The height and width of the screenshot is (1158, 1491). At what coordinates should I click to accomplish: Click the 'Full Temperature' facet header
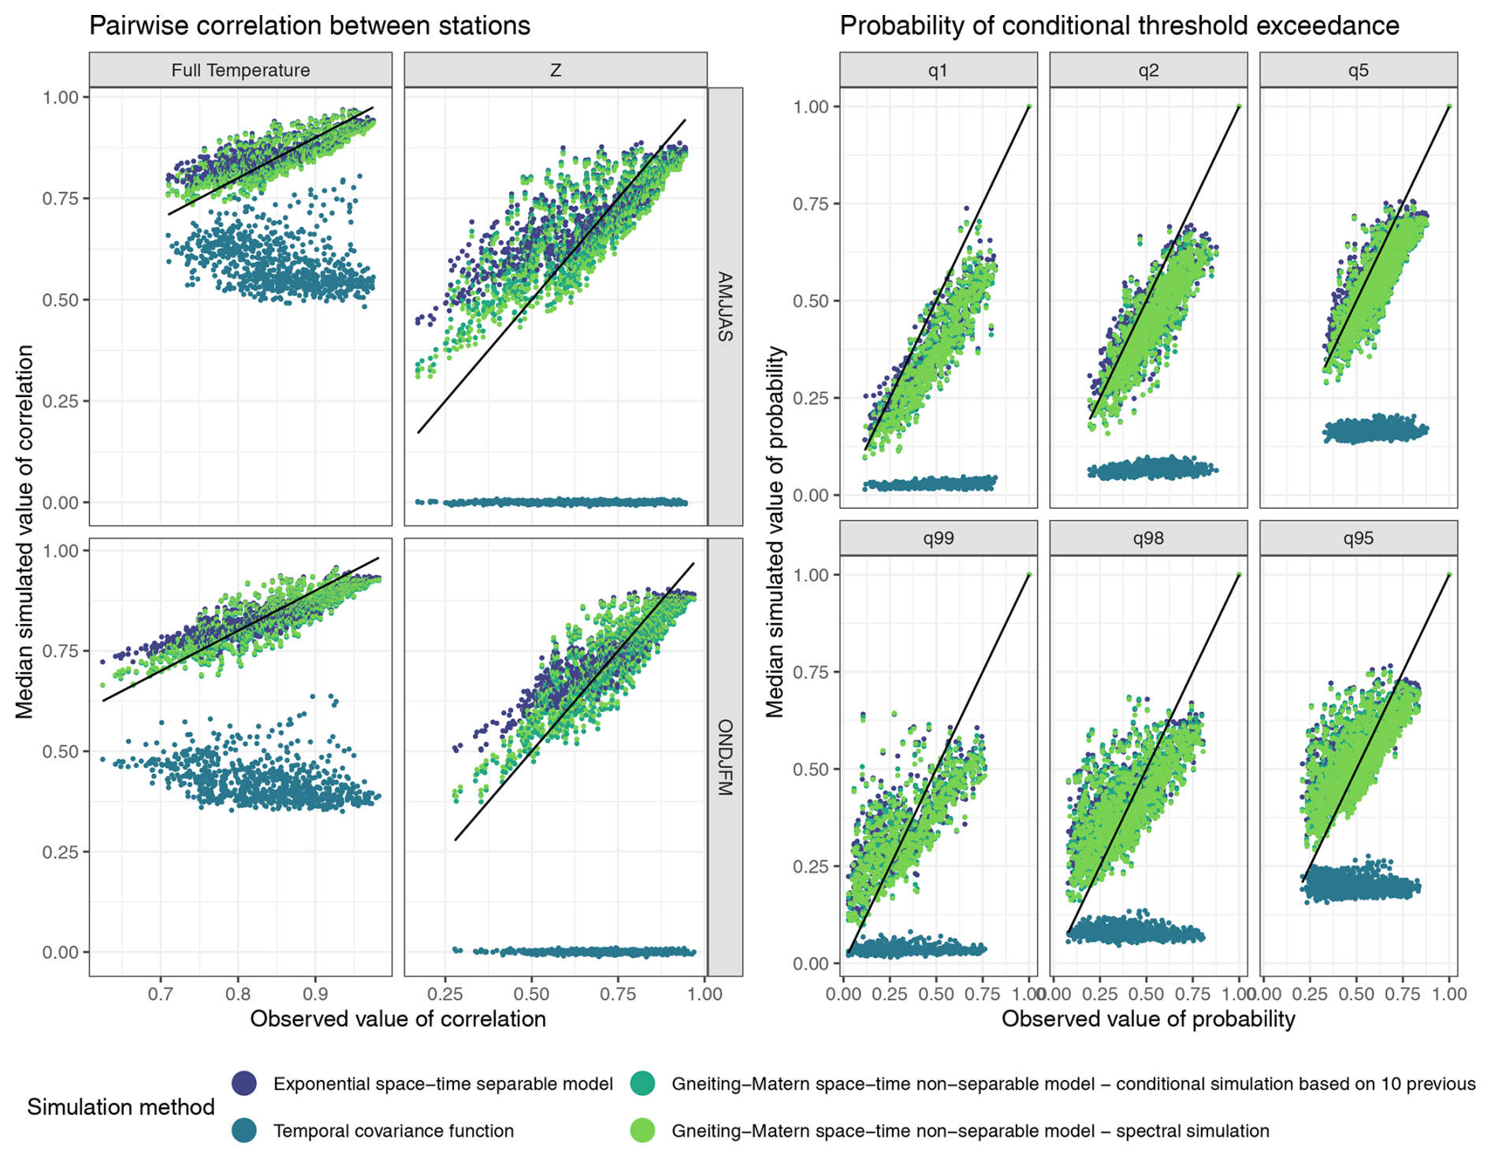coord(240,70)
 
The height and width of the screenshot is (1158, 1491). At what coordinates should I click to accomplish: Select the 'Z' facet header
coord(555,70)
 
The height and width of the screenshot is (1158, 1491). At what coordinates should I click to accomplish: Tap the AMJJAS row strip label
coord(725,306)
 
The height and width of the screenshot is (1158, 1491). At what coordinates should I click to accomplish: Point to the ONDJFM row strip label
coord(725,757)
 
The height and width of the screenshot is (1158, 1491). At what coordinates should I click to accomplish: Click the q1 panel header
coord(938,70)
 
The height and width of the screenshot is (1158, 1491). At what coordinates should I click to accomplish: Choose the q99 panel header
coord(938,539)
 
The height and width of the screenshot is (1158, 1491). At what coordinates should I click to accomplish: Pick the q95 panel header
coord(1358,539)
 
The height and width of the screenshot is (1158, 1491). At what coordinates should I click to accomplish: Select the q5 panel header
coord(1358,70)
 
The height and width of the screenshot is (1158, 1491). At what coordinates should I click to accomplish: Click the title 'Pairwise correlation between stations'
coord(309,25)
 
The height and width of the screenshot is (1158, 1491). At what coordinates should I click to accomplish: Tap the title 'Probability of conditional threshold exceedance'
coord(1119,25)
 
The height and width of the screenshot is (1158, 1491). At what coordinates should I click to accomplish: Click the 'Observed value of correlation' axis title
coord(398,1019)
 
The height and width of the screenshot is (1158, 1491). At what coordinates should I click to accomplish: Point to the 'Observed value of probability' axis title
coord(1148,1019)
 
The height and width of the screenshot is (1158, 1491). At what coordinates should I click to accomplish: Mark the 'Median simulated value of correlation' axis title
coord(25,532)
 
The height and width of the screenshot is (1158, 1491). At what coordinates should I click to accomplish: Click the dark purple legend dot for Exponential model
coord(244,1083)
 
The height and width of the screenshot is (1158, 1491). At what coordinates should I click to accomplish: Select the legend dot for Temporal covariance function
coord(244,1130)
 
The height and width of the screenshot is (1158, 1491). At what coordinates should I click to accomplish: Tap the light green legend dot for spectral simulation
coord(643,1130)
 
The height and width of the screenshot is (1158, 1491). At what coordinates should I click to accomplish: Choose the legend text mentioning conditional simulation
coord(1073,1084)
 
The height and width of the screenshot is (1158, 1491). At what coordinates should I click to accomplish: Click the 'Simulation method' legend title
coord(121,1107)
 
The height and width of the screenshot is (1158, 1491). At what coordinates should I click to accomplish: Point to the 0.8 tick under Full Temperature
coord(238,993)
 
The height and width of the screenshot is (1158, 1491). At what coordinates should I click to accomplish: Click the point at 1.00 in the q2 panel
coord(1239,106)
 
